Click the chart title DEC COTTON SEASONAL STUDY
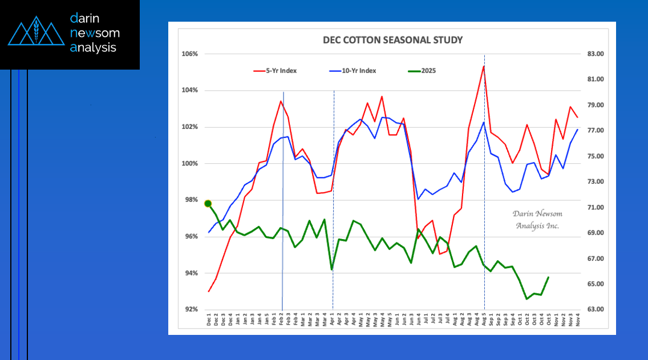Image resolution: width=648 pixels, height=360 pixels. pyautogui.click(x=392, y=41)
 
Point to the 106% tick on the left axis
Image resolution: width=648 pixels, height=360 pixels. pyautogui.click(x=189, y=54)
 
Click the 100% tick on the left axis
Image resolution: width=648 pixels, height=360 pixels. pyautogui.click(x=189, y=164)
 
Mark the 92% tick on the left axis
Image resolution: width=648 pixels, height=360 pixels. pyautogui.click(x=189, y=310)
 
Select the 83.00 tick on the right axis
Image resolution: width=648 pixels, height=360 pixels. pyautogui.click(x=593, y=54)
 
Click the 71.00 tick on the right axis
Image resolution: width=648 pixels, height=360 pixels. pyautogui.click(x=593, y=208)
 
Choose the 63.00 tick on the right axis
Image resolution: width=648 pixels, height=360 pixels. pyautogui.click(x=593, y=310)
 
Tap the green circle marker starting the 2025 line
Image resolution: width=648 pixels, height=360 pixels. pyautogui.click(x=208, y=204)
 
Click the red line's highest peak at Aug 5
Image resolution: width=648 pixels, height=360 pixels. pyautogui.click(x=484, y=66)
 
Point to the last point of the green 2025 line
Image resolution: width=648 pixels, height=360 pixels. pyautogui.click(x=548, y=277)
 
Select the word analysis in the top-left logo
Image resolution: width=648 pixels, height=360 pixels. pyautogui.click(x=93, y=48)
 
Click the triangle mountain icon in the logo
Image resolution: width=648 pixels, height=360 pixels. pyautogui.click(x=36, y=33)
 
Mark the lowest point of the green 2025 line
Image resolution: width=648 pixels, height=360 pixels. pyautogui.click(x=527, y=298)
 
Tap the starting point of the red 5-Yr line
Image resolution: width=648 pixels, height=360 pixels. pyautogui.click(x=209, y=292)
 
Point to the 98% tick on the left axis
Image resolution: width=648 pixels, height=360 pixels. pyautogui.click(x=189, y=200)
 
